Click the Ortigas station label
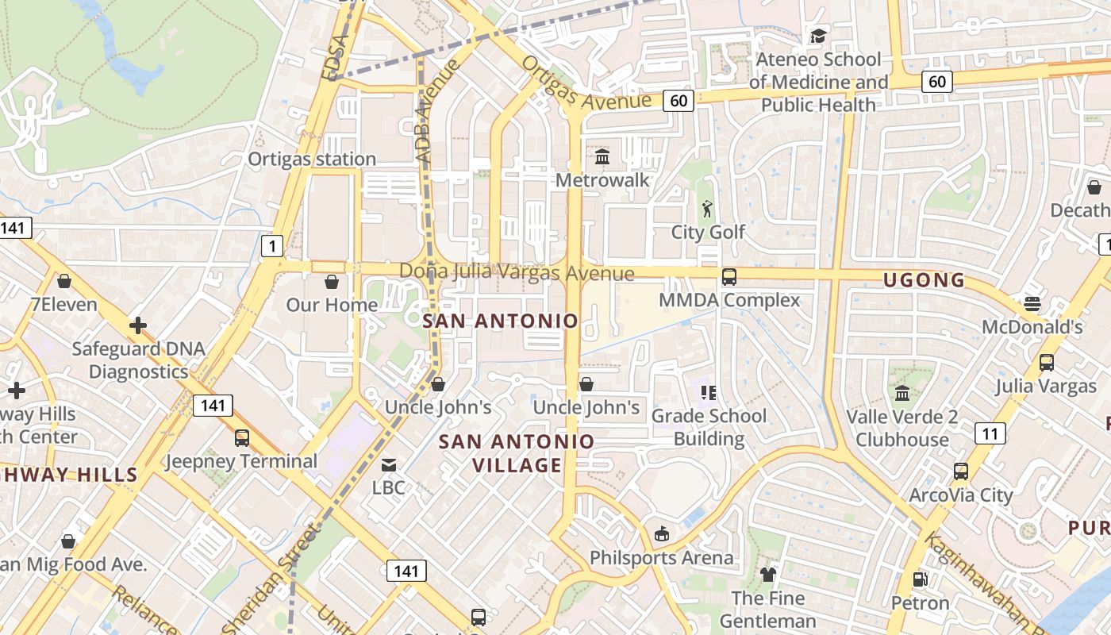[312, 159]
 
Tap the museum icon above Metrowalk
[602, 156]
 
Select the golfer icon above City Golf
[707, 209]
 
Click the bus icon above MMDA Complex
[729, 277]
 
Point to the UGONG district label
[925, 280]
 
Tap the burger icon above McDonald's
[1032, 304]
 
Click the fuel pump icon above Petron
[920, 580]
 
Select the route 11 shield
[990, 433]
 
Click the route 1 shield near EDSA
[272, 246]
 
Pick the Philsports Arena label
[661, 558]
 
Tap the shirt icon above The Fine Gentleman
[767, 574]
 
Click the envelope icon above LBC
[389, 464]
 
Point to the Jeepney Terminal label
[241, 461]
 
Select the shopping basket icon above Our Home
[332, 282]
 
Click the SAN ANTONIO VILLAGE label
[517, 453]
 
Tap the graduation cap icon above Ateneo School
[818, 36]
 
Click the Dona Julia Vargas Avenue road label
[517, 273]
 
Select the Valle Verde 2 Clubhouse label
[902, 429]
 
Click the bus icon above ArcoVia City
[961, 471]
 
